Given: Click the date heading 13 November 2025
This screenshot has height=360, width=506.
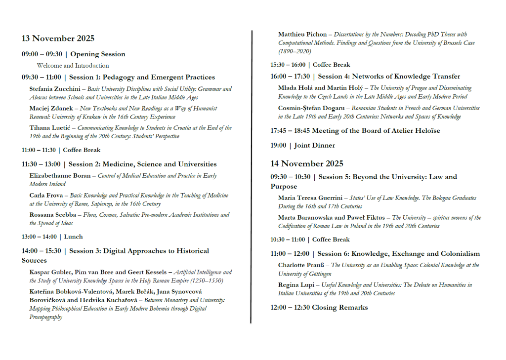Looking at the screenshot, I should click(x=58, y=39).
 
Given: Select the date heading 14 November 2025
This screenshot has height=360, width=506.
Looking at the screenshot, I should click(x=306, y=163).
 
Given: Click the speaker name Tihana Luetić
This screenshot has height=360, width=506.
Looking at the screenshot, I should click(x=49, y=128).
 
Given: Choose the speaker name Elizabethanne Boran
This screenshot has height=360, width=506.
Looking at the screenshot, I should click(x=60, y=176).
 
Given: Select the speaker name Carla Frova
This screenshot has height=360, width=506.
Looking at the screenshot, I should click(x=46, y=196).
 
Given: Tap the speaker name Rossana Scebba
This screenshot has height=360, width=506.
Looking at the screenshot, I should click(x=51, y=215).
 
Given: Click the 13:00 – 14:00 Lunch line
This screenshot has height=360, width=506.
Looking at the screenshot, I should click(x=52, y=237).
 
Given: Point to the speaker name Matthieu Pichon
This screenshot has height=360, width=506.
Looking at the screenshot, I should click(x=302, y=35).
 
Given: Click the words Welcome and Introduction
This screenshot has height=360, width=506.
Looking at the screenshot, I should click(x=73, y=66).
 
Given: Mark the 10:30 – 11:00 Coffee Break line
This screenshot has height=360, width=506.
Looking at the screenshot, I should click(x=310, y=240).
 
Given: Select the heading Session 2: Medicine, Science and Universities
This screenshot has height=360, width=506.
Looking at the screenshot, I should click(x=142, y=164).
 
